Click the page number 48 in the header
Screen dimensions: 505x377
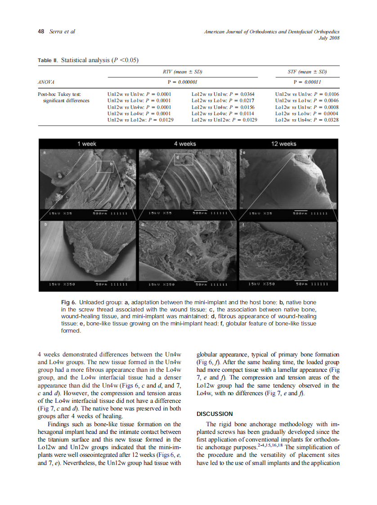(x=40, y=32)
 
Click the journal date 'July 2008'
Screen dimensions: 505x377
(x=328, y=38)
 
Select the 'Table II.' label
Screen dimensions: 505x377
(x=48, y=60)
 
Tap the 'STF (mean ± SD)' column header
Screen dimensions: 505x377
(x=307, y=72)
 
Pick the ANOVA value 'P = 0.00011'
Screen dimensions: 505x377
(x=307, y=82)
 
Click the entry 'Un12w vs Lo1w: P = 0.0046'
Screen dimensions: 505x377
(x=306, y=100)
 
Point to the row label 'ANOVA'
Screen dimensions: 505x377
(x=46, y=82)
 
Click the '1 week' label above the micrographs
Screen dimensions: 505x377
(x=87, y=144)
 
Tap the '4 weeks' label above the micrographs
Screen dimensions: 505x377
(x=184, y=144)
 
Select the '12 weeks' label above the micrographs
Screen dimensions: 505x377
(x=283, y=144)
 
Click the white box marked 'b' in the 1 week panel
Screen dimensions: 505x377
(x=105, y=167)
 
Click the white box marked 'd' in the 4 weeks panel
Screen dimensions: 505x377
(x=184, y=159)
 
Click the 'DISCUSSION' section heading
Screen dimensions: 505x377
(x=215, y=414)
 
